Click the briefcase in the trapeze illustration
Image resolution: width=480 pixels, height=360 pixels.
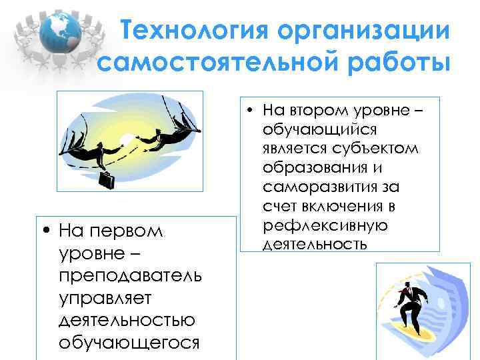tap(107, 179)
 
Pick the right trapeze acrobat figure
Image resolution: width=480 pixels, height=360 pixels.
tap(166, 136)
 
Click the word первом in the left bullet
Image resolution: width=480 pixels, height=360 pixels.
tap(134, 231)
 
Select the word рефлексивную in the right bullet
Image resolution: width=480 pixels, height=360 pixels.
tap(325, 225)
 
